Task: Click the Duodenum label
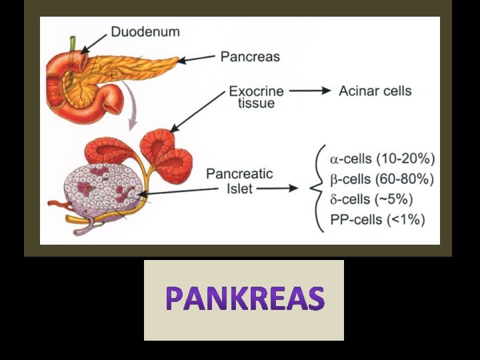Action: point(145,32)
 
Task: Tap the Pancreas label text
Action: point(250,57)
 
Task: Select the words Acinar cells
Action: point(375,91)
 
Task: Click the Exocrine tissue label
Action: point(256,97)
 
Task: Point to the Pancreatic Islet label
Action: point(239,181)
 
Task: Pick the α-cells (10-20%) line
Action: point(383,159)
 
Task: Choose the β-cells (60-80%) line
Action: point(382,179)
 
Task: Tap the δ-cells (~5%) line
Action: point(371,199)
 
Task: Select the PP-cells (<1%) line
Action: point(377,220)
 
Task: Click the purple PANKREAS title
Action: point(245,298)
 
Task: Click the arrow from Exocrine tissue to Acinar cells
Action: point(310,91)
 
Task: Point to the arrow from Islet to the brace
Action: point(277,188)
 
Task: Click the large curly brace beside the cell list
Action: point(316,188)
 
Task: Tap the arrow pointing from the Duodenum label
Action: point(94,44)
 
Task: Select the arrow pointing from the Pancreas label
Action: point(196,59)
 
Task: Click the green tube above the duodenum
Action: point(73,58)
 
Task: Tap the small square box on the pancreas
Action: point(114,75)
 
